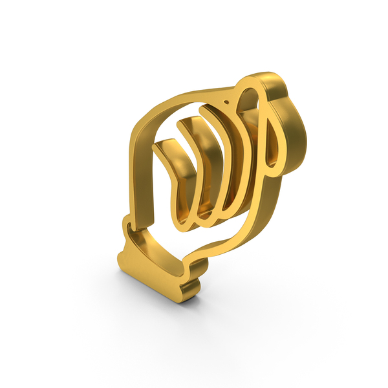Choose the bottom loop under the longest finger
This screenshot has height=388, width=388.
coord(223,207)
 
